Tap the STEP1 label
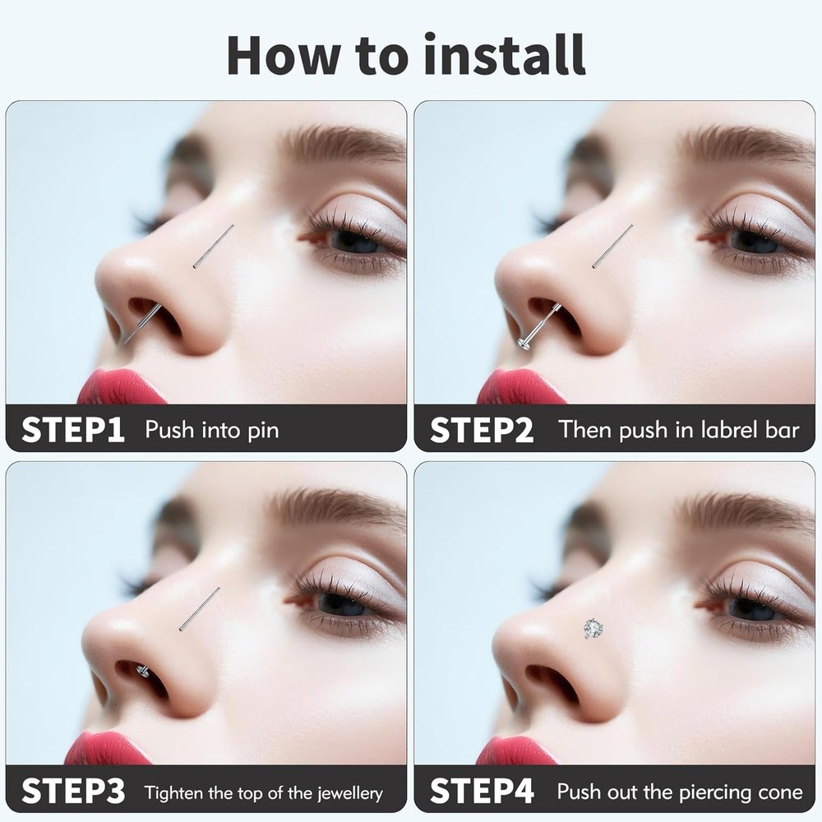(x=73, y=430)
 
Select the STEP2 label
(x=481, y=430)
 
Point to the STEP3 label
(x=73, y=791)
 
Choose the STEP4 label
(x=482, y=791)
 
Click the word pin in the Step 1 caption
(x=264, y=431)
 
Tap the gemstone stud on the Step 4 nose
(x=593, y=628)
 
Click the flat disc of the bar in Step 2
(x=523, y=344)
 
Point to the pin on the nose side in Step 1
(x=214, y=247)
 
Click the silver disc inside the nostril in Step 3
(x=142, y=669)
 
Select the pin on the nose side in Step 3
(x=199, y=609)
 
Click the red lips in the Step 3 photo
(x=108, y=749)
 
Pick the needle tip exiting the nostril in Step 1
(x=124, y=344)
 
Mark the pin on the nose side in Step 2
(x=612, y=247)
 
